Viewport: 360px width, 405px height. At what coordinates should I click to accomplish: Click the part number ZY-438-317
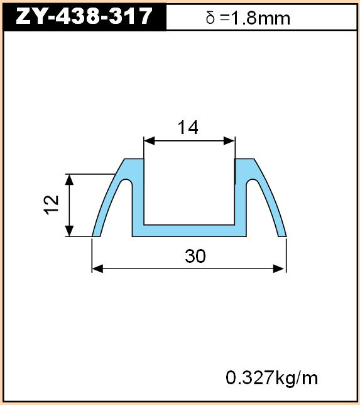click(84, 16)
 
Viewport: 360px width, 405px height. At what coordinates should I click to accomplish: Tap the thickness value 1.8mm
click(260, 18)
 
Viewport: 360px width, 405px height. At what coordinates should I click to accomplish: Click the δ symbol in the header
click(210, 18)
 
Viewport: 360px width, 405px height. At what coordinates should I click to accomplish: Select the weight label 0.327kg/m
click(272, 377)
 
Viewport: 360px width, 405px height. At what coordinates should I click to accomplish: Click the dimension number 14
click(188, 127)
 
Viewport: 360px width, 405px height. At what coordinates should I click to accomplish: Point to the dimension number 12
click(51, 205)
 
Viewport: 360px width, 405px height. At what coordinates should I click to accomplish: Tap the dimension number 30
click(195, 256)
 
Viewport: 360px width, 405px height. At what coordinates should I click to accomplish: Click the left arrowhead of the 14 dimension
click(149, 141)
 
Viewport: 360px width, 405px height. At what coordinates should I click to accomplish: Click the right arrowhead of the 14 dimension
click(229, 141)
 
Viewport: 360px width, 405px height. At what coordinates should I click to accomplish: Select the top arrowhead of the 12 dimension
click(69, 180)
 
